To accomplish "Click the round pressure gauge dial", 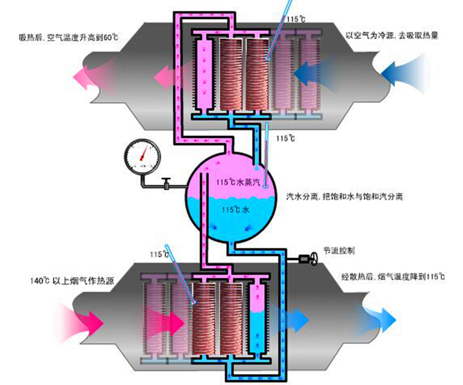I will [x=142, y=155].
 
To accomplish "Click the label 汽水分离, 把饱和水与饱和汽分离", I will [x=344, y=196].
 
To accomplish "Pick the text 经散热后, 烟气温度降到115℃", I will [x=393, y=277].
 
